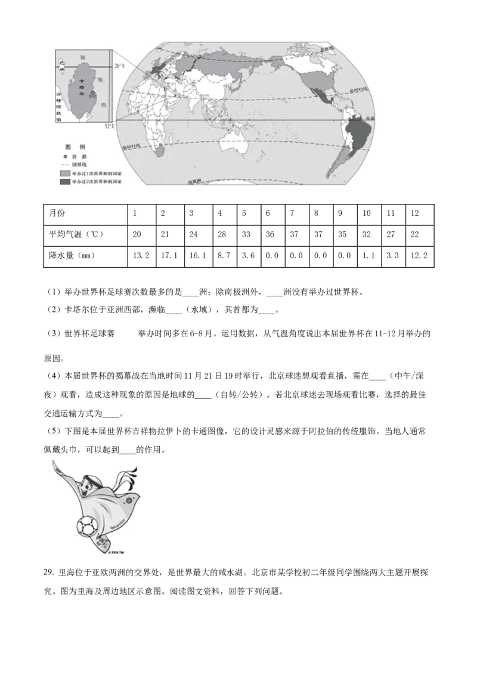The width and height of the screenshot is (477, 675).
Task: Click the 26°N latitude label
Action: pos(119,66)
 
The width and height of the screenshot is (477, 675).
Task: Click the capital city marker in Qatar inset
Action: pos(92,93)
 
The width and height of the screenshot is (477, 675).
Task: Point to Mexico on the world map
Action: pos(321,94)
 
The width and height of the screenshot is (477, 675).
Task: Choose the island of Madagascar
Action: pos(177,142)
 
